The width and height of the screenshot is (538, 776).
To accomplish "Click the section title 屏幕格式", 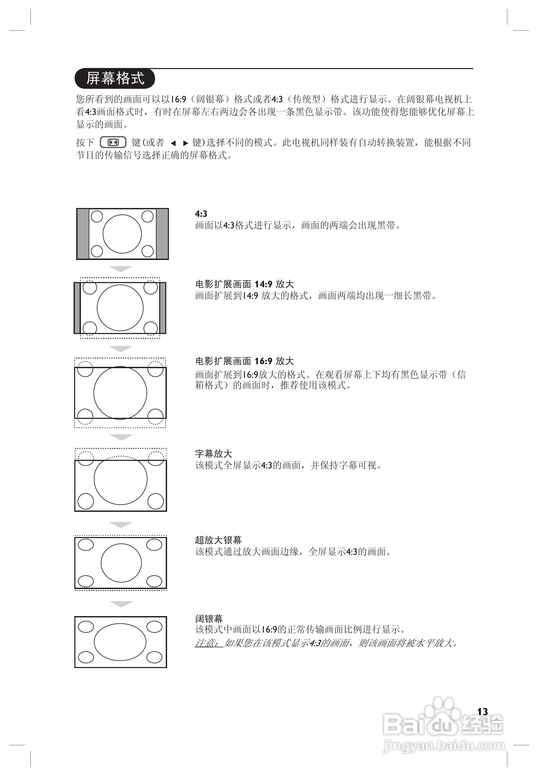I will (115, 78).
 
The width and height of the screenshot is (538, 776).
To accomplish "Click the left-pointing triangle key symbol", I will (173, 143).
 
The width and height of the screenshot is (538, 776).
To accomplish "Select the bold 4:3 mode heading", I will (201, 213).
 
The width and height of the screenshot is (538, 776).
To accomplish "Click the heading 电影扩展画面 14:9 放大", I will (244, 284).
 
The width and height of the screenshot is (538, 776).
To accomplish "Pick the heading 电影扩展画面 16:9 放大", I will (244, 361).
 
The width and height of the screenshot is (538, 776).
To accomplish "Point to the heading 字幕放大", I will (213, 454).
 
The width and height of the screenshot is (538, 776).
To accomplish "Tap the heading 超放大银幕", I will (218, 540).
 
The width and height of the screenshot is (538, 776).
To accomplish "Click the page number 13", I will (482, 711).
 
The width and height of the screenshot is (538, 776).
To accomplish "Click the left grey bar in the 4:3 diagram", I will (83, 234).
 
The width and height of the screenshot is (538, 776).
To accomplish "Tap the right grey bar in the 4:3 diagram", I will (162, 234).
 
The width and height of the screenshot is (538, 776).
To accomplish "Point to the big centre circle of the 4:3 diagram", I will (122, 234).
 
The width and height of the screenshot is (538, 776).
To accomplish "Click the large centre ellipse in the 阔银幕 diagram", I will (120, 642).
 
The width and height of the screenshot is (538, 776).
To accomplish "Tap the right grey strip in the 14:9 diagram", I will (163, 308).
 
